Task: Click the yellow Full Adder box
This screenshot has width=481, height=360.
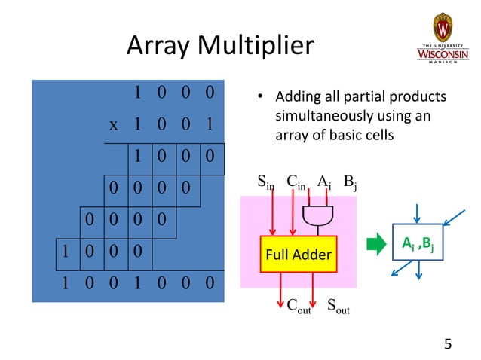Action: [x=298, y=254]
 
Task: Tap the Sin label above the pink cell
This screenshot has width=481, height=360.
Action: [x=266, y=182]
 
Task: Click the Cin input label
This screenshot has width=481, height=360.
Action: [x=296, y=182]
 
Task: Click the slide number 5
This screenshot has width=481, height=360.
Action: [x=448, y=345]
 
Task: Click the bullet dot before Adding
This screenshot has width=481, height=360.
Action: [x=259, y=97]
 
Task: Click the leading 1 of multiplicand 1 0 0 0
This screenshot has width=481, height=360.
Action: [x=137, y=93]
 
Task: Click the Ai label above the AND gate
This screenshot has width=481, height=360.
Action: [x=323, y=182]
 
